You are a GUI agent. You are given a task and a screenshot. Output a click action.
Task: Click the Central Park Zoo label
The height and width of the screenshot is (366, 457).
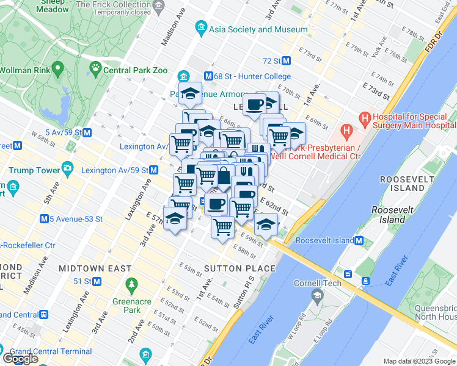coord(135,70)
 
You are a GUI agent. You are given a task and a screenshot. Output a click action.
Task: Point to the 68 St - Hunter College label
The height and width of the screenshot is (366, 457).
coord(252,76)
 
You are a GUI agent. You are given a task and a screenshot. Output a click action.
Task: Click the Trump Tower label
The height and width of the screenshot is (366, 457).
coord(35,170)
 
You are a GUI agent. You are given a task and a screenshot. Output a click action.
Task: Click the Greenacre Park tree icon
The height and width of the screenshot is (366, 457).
coord(131,284)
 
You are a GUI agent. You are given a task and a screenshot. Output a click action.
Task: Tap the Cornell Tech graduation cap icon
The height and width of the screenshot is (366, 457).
coord(316,296)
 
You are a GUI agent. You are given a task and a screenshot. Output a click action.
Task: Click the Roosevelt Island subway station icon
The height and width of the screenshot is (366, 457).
coord(359,240)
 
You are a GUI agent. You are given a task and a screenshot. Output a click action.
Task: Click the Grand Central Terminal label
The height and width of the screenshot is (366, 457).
coord(59,351)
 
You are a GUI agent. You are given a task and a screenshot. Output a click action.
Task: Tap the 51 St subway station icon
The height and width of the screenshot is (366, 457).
coord(97,282)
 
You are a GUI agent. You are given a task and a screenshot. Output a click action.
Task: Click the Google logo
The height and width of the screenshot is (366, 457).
coord(20,359)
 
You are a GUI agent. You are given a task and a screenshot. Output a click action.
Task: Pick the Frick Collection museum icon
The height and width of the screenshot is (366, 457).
coord(159,7)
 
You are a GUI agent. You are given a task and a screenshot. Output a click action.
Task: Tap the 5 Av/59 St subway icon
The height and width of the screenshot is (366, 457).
coord(87,132)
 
